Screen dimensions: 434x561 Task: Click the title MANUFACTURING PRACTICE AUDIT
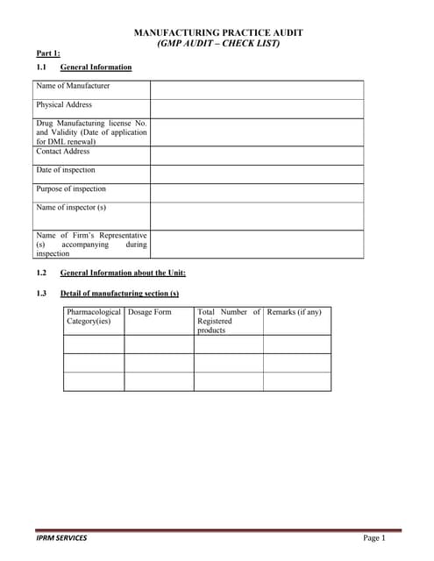[217, 32]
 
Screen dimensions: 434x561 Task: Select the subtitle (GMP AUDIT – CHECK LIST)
[217, 43]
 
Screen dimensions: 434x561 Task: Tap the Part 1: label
[47, 54]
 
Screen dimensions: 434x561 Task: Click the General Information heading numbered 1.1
[96, 67]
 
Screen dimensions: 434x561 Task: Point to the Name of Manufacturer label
[73, 86]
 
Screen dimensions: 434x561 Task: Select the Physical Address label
[64, 105]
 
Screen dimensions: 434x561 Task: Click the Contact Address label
[63, 152]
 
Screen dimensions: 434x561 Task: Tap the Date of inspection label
[66, 170]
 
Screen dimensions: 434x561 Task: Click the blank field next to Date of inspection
[256, 174]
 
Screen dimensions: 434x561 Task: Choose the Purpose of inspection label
[71, 189]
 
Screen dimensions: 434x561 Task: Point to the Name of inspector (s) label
[71, 208]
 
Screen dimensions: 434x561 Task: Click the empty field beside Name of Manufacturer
[256, 89]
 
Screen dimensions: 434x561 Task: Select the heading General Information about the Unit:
[123, 273]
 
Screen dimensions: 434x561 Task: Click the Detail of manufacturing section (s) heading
[119, 293]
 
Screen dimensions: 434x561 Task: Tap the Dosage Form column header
[150, 312]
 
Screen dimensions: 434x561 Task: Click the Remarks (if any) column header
[294, 312]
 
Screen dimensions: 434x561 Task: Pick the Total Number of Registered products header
[228, 321]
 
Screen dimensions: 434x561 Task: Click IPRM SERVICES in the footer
[61, 537]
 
